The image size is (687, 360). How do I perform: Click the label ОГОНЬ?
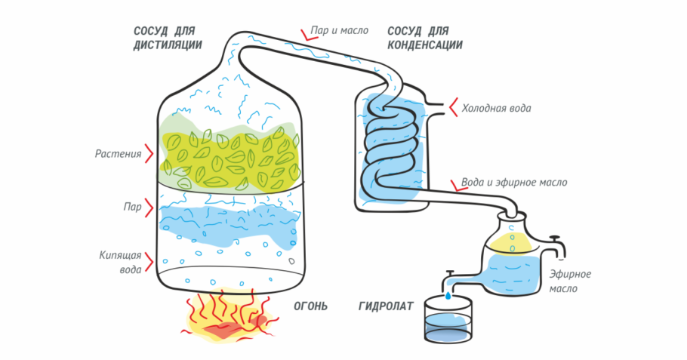(310, 306)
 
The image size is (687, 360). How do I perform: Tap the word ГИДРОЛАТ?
(386, 306)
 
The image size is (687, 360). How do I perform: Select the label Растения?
(119, 154)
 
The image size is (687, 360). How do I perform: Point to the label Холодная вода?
(497, 108)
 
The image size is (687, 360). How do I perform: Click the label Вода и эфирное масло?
(514, 182)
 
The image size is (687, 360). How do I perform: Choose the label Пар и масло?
(340, 30)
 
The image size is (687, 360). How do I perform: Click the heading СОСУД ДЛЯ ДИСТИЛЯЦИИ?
(168, 38)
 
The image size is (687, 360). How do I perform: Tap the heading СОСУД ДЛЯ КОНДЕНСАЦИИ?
(425, 38)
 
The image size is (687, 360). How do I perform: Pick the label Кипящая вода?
(121, 262)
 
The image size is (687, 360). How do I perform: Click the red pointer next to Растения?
(149, 154)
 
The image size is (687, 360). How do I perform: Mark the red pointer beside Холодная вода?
(454, 107)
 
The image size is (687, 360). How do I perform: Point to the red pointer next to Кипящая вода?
(149, 263)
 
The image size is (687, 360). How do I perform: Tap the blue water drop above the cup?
(448, 296)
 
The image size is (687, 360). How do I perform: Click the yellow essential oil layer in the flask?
(510, 244)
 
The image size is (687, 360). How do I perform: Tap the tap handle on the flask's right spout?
(556, 238)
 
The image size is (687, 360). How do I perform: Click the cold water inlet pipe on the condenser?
(435, 109)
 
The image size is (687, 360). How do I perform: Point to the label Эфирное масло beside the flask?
(571, 282)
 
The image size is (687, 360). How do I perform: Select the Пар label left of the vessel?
(132, 207)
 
